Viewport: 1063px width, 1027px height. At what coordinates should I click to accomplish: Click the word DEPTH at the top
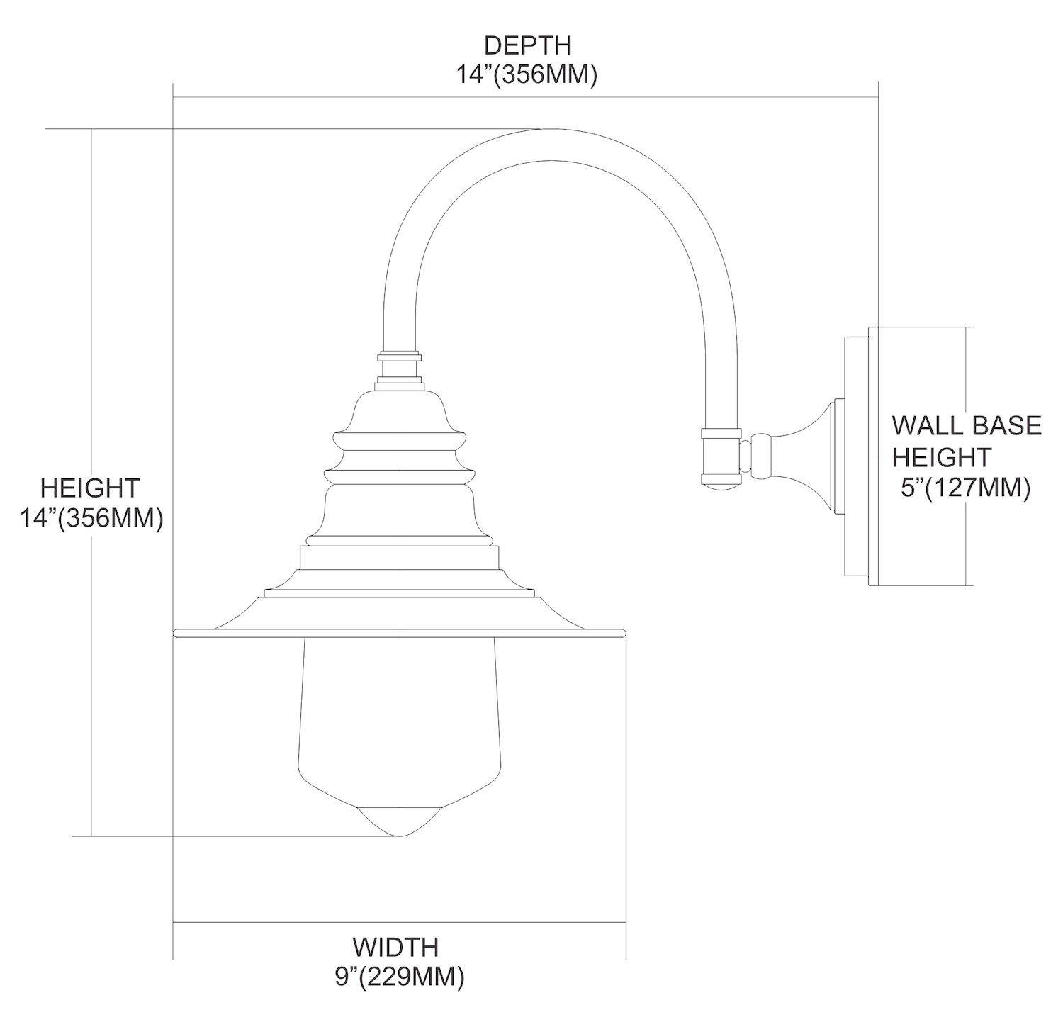click(527, 45)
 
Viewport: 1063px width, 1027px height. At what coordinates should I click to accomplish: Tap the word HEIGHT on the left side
click(90, 488)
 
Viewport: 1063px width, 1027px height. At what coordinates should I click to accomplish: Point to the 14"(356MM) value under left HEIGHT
click(92, 519)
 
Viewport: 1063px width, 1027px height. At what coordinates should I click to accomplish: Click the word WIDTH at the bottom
click(396, 947)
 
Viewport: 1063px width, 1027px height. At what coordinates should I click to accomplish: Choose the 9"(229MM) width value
click(400, 977)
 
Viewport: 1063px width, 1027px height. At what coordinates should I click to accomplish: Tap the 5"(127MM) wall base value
click(966, 488)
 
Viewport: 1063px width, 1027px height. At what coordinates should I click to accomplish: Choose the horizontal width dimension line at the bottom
click(400, 922)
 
